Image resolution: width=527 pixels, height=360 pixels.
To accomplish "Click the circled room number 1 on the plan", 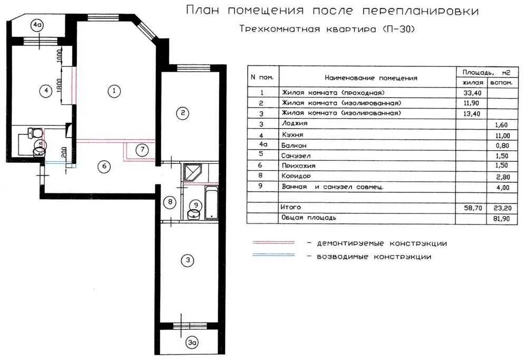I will click(113, 91).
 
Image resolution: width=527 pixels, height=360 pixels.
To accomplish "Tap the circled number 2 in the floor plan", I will click(182, 113).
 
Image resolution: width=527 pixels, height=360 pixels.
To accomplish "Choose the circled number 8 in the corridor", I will click(169, 202).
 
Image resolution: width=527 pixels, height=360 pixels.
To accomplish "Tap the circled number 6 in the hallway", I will click(104, 167).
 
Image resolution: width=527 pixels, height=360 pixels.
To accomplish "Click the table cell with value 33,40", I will click(473, 93).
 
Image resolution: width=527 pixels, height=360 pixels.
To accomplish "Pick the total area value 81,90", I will click(499, 218).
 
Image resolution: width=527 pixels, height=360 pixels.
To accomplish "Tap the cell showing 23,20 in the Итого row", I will click(499, 208).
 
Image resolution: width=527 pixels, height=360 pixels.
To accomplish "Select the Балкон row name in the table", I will click(294, 145).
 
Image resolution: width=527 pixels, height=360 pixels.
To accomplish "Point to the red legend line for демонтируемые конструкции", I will click(274, 243).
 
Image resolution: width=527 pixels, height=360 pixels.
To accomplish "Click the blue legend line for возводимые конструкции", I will click(274, 256).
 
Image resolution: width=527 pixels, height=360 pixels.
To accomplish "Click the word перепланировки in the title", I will click(428, 11).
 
